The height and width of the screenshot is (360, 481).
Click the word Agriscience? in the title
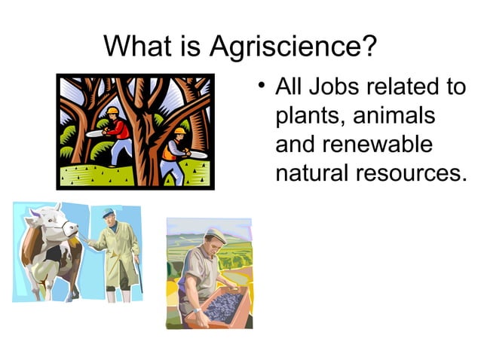tap(293, 48)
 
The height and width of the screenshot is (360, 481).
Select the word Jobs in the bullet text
tap(329, 87)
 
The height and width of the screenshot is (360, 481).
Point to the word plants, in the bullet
tap(311, 116)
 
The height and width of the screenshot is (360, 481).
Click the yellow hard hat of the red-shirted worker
tap(112, 111)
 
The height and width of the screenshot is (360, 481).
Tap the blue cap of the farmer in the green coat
tap(109, 213)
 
